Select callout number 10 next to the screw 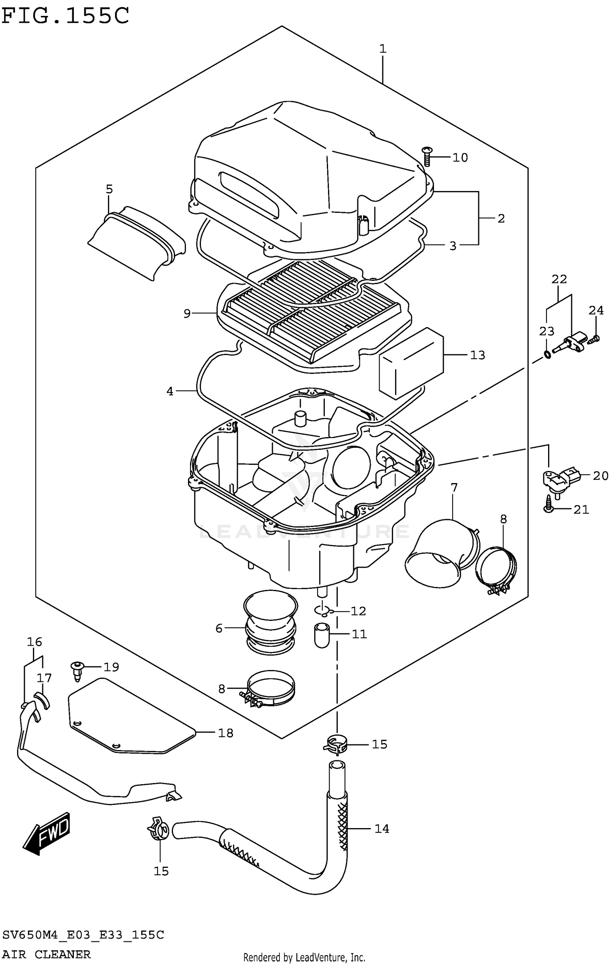click(x=460, y=157)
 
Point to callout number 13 click(x=477, y=355)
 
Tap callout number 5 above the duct click(x=109, y=189)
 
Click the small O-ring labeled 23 click(x=547, y=355)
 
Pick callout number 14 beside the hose click(x=382, y=828)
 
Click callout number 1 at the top click(x=382, y=49)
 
